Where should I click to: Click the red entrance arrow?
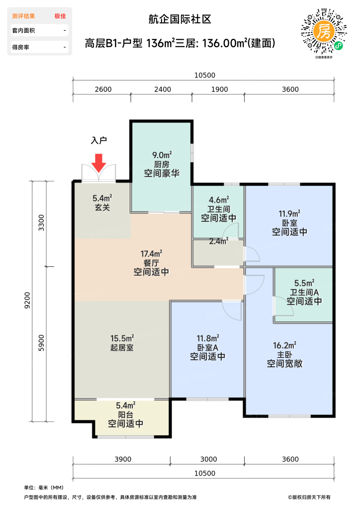(x=99, y=163)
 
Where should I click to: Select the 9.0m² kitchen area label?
(x=162, y=155)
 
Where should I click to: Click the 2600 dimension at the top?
(x=103, y=90)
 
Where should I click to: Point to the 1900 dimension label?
(x=220, y=90)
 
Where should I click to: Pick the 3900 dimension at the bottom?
(x=123, y=459)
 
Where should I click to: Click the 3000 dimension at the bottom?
(x=209, y=459)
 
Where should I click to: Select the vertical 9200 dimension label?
(x=27, y=300)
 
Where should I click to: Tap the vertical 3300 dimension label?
(x=41, y=223)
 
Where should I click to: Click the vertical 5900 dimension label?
(x=41, y=343)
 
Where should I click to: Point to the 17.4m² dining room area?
(x=151, y=254)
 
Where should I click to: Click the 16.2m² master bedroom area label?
(x=285, y=346)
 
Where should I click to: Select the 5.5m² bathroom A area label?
(x=304, y=283)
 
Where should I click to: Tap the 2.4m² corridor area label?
(x=218, y=241)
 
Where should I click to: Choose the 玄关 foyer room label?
(x=102, y=207)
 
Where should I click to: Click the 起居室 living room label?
(x=122, y=348)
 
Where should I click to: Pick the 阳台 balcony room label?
(x=126, y=415)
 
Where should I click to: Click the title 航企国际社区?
(x=180, y=19)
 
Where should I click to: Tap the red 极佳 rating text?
(x=60, y=16)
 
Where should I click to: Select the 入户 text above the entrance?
(x=99, y=141)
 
